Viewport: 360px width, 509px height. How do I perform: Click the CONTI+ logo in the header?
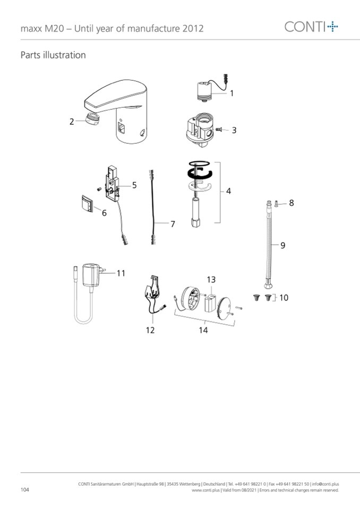coord(311,27)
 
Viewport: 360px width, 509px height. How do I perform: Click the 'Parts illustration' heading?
coord(53,55)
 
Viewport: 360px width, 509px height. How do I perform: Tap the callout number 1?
coord(232,93)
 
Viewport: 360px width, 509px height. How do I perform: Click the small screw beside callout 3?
coord(218,130)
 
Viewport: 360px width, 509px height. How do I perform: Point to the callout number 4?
coord(228,191)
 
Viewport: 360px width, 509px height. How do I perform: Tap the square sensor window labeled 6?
coord(87,203)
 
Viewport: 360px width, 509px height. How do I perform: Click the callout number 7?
coord(173,223)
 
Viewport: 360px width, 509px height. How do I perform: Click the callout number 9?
coord(282,245)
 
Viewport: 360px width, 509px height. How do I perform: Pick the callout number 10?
coord(284,297)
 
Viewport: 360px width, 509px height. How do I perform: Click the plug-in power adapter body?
coord(91,275)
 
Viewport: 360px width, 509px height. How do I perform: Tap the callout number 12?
coord(150,330)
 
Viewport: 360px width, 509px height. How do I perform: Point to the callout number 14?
coord(203,330)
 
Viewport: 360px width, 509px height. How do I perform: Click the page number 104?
coord(24,489)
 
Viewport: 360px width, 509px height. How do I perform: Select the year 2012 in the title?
coord(193,29)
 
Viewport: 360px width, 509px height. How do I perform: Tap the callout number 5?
coord(134,185)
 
